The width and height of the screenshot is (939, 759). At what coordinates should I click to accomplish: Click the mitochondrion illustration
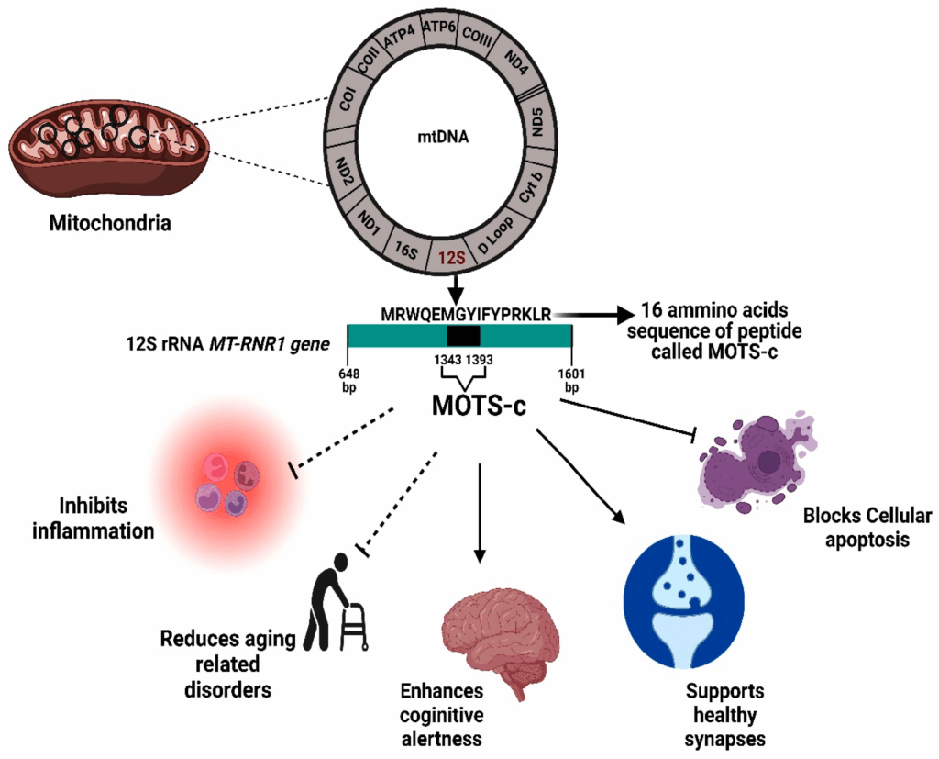111,147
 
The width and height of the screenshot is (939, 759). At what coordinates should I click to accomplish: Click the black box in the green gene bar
462,336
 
